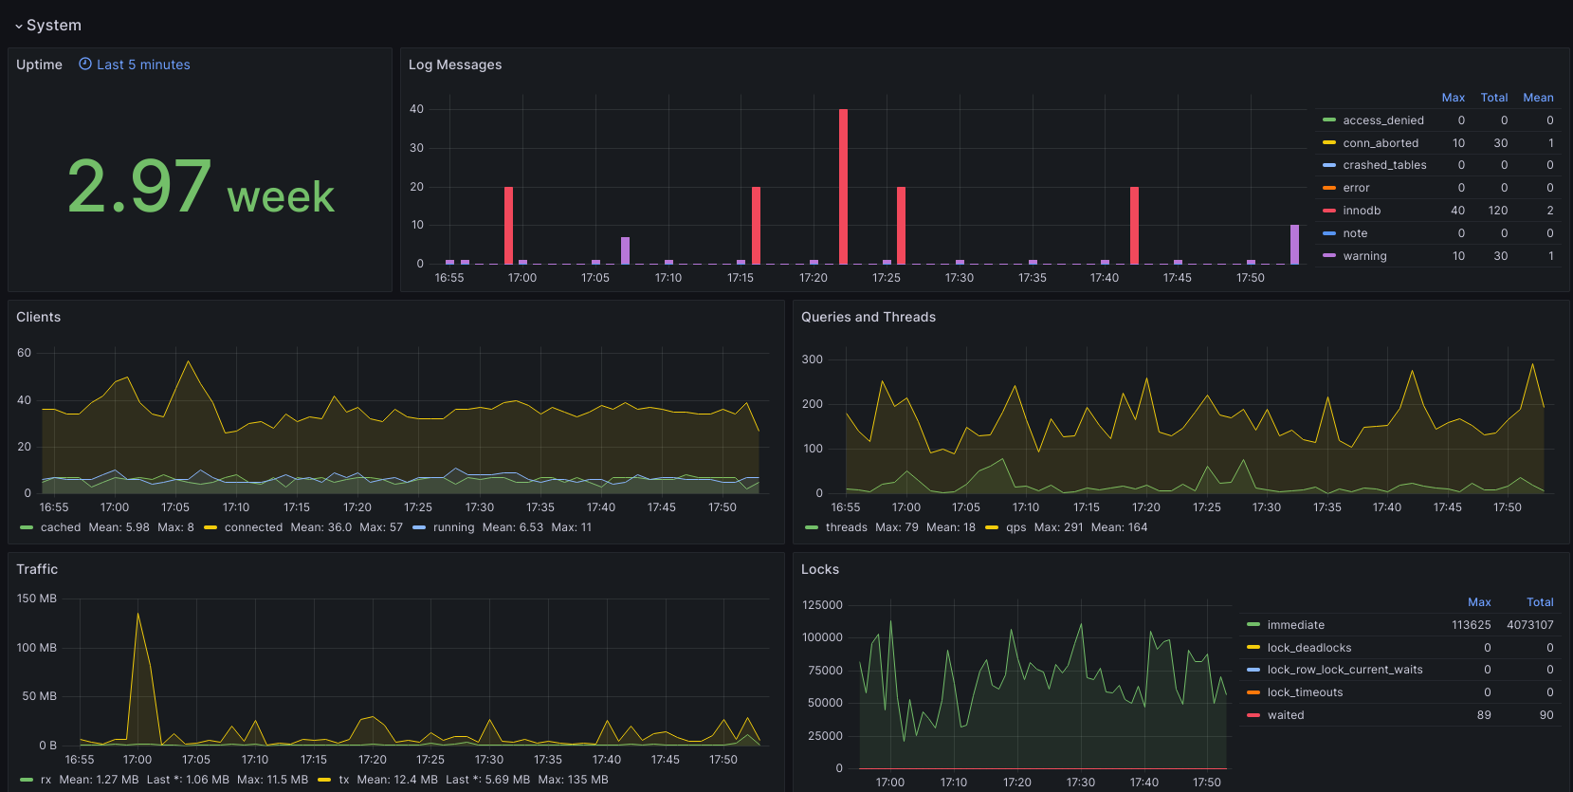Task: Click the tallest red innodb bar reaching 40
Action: [843, 186]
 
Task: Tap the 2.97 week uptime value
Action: [200, 187]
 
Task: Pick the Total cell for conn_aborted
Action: [1500, 142]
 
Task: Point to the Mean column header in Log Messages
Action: [1538, 98]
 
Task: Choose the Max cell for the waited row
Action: [1483, 715]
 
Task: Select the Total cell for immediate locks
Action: [1529, 625]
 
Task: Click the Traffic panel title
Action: [37, 569]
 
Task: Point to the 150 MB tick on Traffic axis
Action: [37, 599]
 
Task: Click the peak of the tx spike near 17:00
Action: [137, 614]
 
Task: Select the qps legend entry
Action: [1006, 527]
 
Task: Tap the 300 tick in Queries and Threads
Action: [812, 359]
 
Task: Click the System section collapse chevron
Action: [19, 26]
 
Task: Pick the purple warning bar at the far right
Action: [1294, 245]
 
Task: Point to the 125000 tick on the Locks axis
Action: [822, 605]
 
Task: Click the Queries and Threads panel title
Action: [868, 317]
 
